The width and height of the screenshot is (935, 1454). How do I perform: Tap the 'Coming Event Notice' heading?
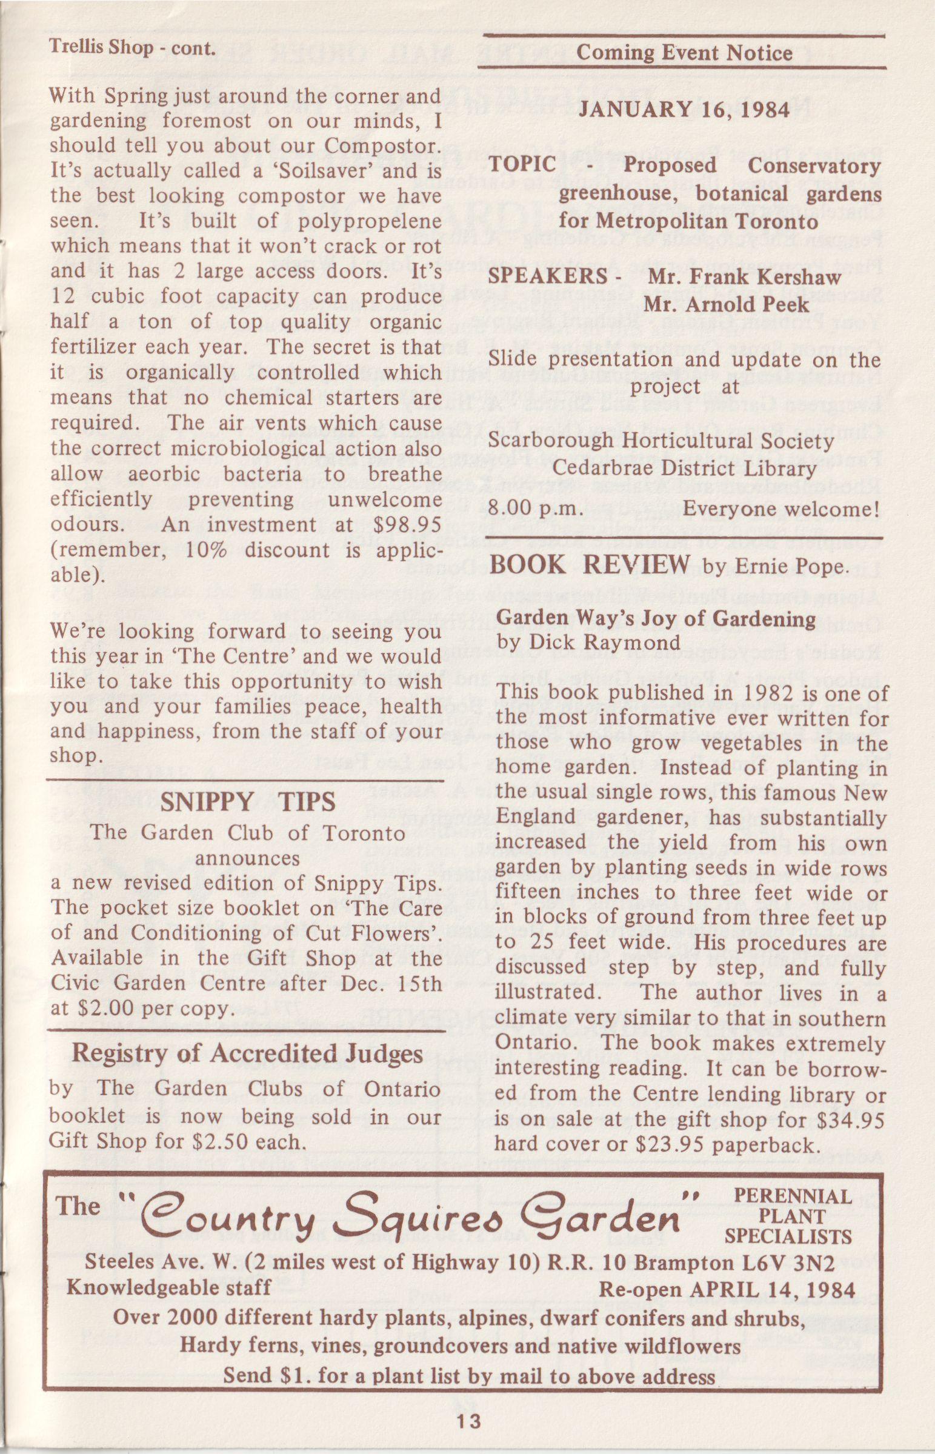[684, 53]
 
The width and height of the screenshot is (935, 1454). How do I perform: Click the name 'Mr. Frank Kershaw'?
[745, 277]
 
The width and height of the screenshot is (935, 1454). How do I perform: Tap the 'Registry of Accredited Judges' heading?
[247, 1053]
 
